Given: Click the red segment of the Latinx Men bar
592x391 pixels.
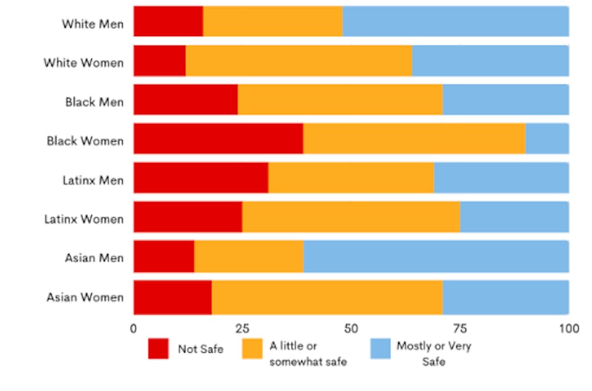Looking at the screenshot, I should [201, 178].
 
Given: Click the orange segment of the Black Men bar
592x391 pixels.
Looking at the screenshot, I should [340, 100].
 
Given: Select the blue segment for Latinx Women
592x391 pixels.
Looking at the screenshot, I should [514, 217].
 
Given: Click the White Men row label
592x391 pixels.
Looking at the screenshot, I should [93, 24].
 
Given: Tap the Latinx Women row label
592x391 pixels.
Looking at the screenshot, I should [84, 219].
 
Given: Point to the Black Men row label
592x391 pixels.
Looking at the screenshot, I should [95, 102].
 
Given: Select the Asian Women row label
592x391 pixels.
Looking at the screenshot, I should [85, 297].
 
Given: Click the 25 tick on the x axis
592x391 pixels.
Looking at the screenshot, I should [242, 328].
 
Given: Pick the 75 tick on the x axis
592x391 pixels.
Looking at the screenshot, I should [459, 328].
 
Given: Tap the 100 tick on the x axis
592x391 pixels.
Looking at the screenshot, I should [568, 328].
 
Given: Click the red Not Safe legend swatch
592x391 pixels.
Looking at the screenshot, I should [158, 349].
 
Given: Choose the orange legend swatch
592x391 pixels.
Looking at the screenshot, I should [253, 349].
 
